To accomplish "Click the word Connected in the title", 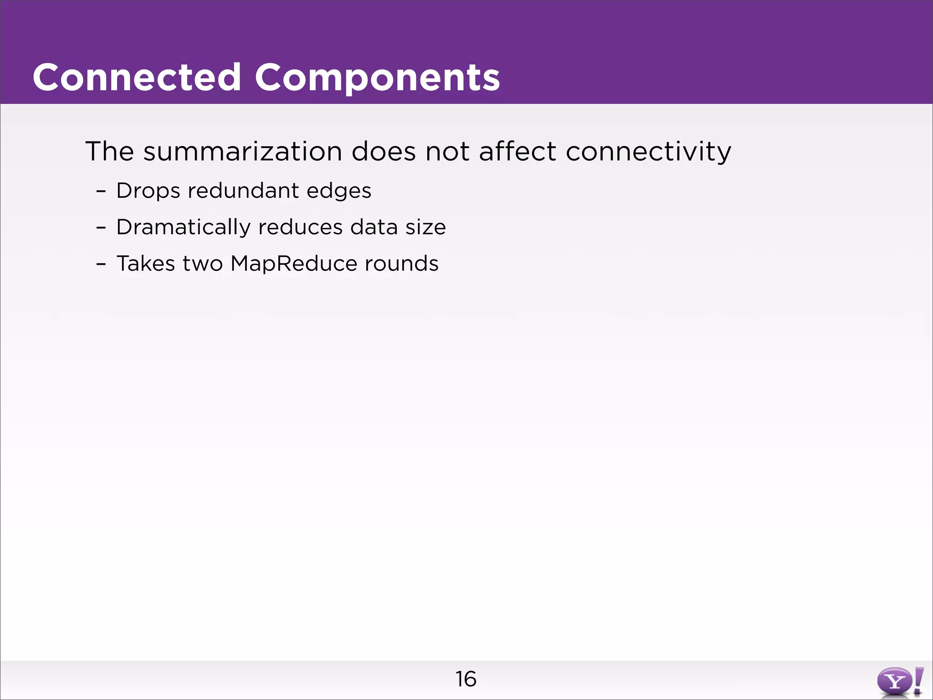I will click(x=137, y=77).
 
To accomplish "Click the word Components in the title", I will click(x=377, y=77).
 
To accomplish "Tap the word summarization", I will click(x=242, y=151).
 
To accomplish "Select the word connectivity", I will click(x=648, y=151).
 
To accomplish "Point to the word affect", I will click(x=518, y=151).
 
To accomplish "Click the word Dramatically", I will click(x=183, y=227).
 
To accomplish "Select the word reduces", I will click(x=300, y=227).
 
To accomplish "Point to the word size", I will click(x=425, y=227).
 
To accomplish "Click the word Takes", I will click(x=146, y=263).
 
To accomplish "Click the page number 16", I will click(x=466, y=679).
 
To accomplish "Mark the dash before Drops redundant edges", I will click(x=101, y=191).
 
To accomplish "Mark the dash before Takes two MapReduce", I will click(x=101, y=264).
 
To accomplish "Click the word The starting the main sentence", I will click(x=109, y=151).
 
